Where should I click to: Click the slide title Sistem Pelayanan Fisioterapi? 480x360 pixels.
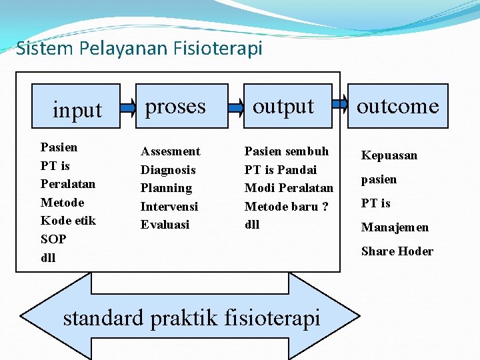tap(139, 49)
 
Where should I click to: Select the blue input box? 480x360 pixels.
tap(77, 107)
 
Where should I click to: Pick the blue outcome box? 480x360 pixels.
tap(397, 105)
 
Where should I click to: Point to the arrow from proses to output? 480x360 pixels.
tap(235, 105)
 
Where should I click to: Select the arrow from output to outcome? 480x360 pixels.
tap(340, 104)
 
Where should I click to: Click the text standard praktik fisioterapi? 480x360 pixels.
tap(191, 317)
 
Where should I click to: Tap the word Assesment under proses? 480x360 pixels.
tap(170, 151)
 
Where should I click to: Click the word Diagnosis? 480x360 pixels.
tap(168, 170)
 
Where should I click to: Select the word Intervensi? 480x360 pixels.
tap(169, 207)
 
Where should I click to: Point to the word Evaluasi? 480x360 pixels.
tap(165, 225)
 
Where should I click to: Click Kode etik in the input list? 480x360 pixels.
tap(68, 221)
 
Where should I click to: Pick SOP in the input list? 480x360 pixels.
tap(53, 239)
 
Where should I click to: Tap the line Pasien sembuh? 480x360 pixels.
tap(287, 151)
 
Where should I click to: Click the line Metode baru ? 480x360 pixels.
tap(287, 207)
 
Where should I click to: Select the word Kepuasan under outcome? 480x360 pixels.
tap(389, 155)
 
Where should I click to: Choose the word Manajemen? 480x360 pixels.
tap(395, 227)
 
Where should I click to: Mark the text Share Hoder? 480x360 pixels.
tap(397, 251)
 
